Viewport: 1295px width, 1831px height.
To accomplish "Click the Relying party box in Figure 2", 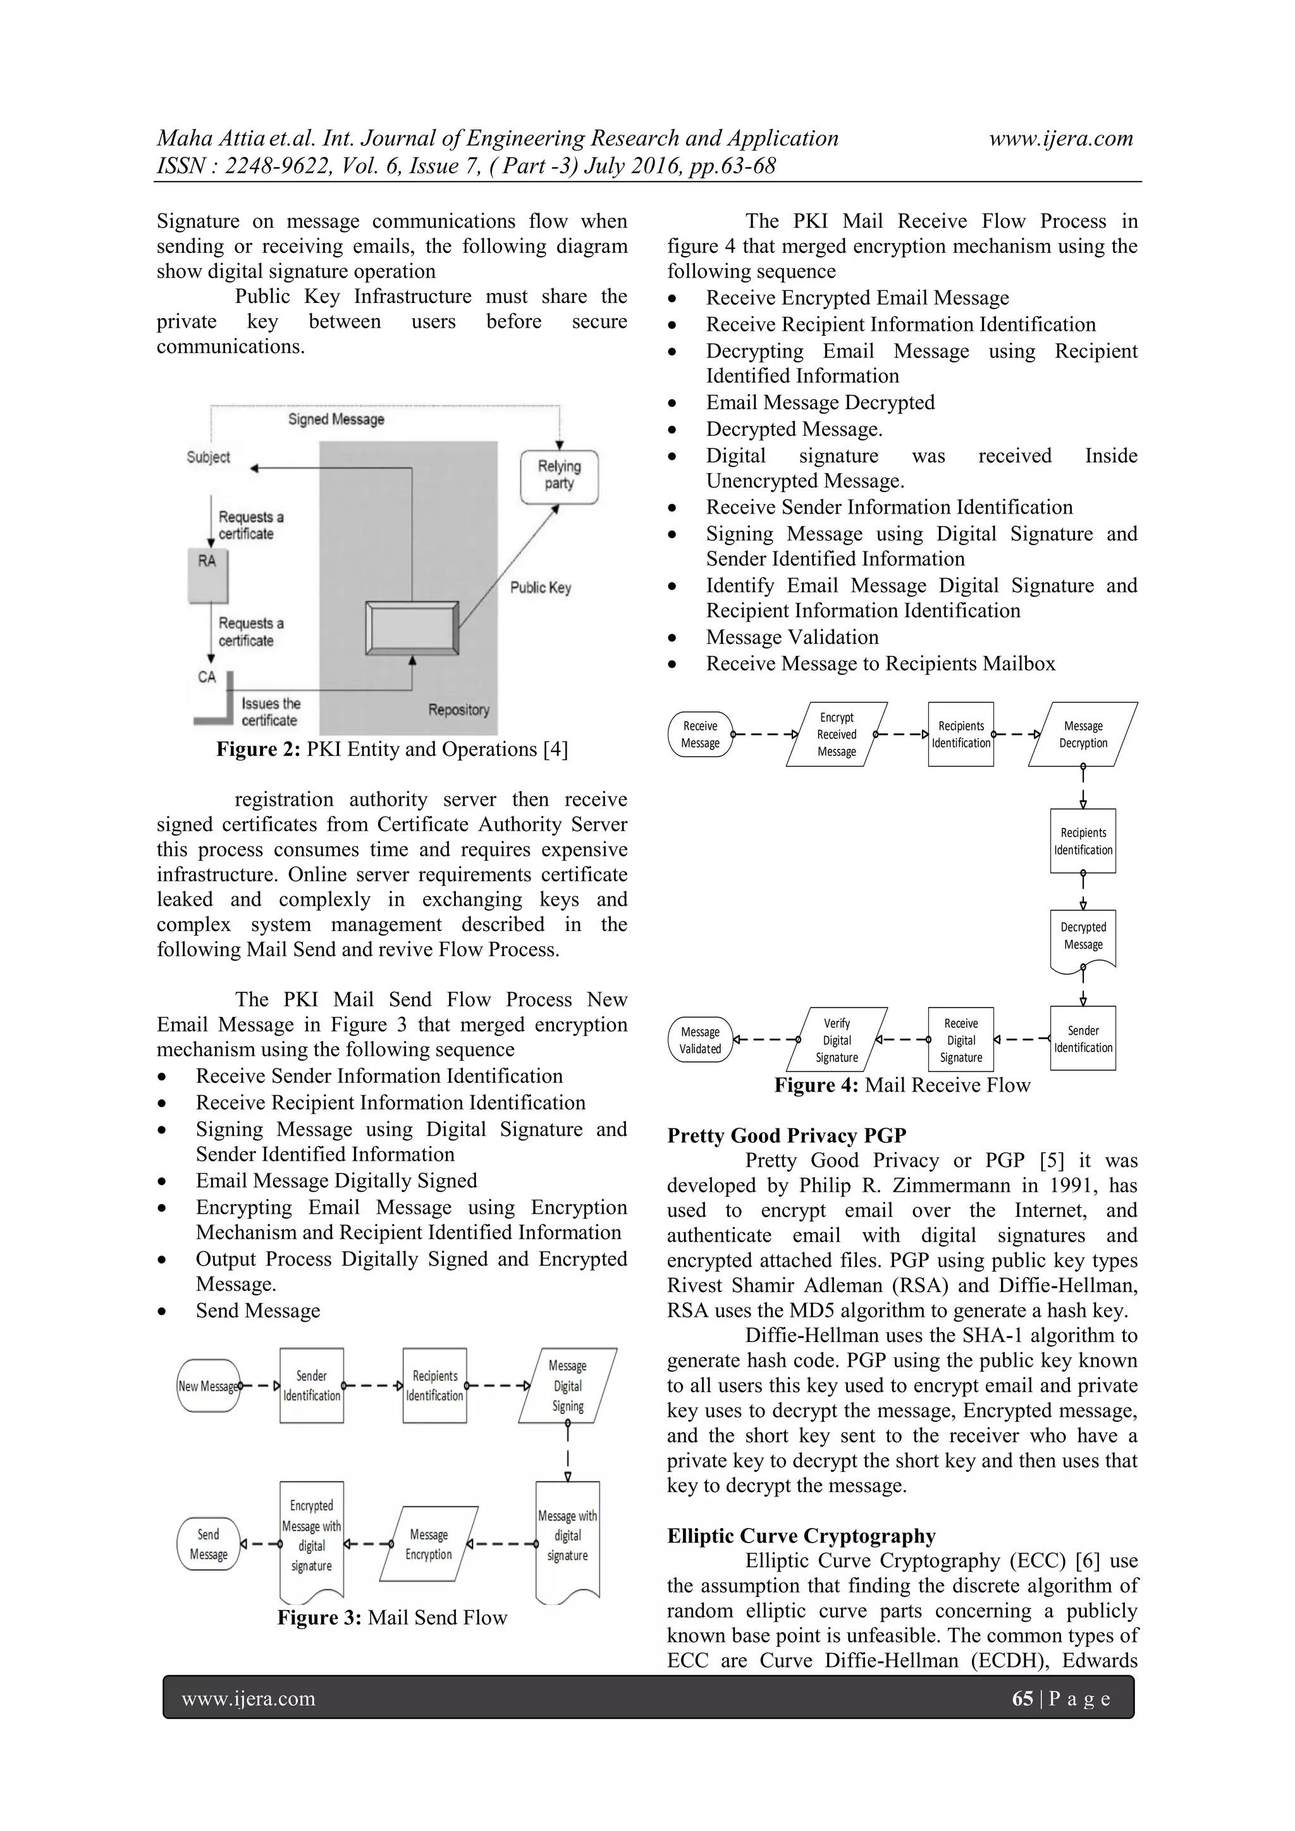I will pyautogui.click(x=559, y=476).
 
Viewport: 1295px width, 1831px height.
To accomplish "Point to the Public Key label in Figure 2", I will pyautogui.click(x=541, y=588).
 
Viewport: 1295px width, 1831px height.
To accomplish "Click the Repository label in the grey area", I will pyautogui.click(x=458, y=710).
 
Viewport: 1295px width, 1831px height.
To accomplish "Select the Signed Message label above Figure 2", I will pyautogui.click(x=336, y=419).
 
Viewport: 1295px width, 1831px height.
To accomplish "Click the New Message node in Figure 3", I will pyautogui.click(x=208, y=1386).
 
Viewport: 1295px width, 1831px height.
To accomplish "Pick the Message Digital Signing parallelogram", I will pyautogui.click(x=568, y=1386).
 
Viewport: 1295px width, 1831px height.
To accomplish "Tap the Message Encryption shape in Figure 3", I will pyautogui.click(x=429, y=1544).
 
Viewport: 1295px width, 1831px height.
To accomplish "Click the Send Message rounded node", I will pyautogui.click(x=208, y=1544).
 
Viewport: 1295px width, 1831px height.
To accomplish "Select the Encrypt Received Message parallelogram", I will pyautogui.click(x=837, y=734).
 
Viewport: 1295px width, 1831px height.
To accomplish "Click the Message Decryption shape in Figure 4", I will pyautogui.click(x=1083, y=734).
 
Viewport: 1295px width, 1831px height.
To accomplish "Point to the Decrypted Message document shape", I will pyautogui.click(x=1083, y=936).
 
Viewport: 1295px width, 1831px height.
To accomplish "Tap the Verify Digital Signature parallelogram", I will pyautogui.click(x=837, y=1040).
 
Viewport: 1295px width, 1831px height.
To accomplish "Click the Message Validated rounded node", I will pyautogui.click(x=700, y=1040).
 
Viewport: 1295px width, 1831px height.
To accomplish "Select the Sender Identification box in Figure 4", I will pyautogui.click(x=1083, y=1039).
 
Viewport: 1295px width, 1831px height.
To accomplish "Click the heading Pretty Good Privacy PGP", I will pyautogui.click(x=786, y=1136).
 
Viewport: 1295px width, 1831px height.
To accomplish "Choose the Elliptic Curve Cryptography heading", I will pyautogui.click(x=801, y=1536).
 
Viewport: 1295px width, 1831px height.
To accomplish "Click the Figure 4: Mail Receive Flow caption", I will pyautogui.click(x=902, y=1085).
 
